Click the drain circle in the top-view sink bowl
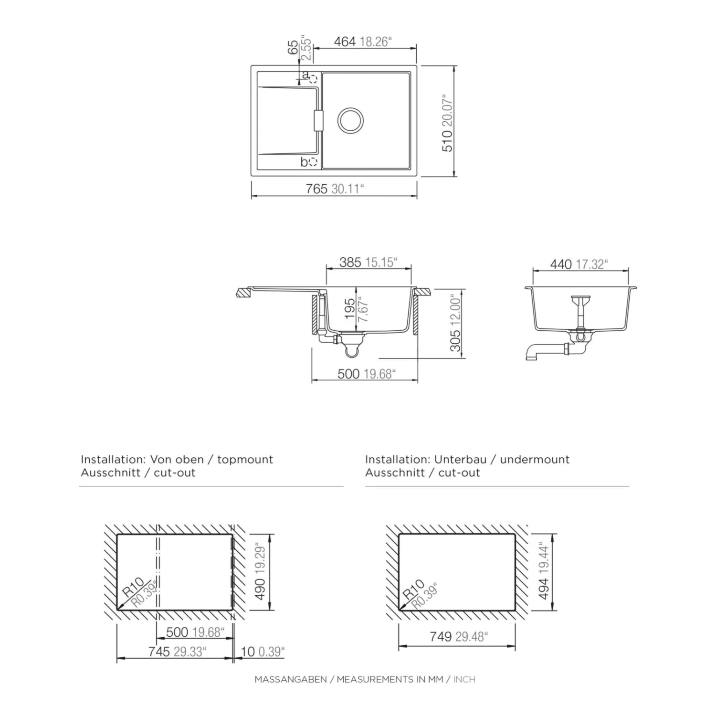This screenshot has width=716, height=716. [x=350, y=120]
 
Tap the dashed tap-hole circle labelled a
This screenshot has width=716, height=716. [x=313, y=79]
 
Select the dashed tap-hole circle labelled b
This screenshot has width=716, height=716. [x=313, y=162]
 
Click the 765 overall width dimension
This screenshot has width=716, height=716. [x=316, y=189]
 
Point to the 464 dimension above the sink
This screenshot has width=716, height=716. [x=345, y=42]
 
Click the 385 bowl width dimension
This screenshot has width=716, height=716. [x=350, y=263]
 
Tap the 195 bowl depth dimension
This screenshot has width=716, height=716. [x=350, y=309]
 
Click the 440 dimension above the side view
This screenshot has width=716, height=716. [x=561, y=264]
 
